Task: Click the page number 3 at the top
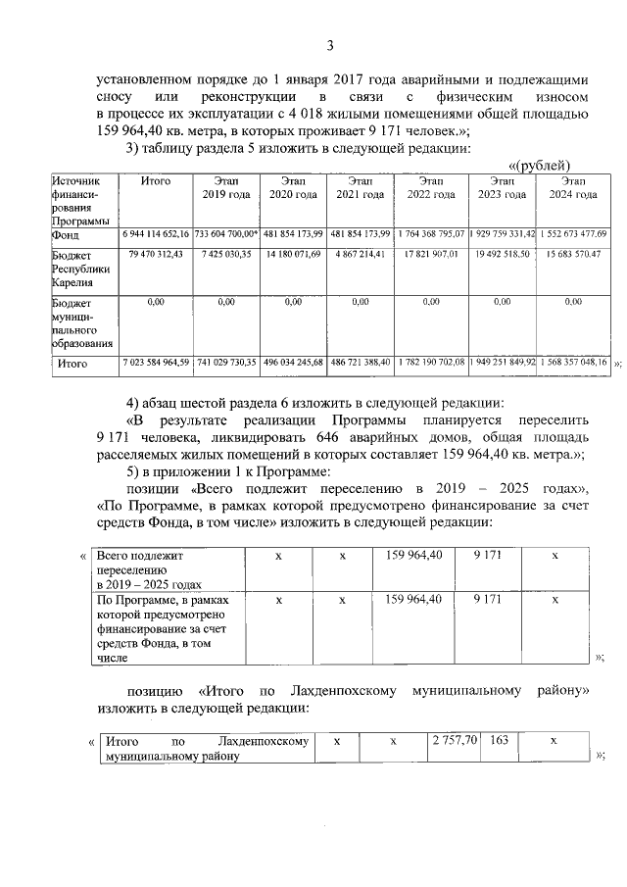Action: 330,45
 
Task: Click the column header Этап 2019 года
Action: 227,188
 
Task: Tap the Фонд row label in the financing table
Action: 67,235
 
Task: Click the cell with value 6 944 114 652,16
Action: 156,235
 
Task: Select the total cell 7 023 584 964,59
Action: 156,363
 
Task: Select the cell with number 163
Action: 499,742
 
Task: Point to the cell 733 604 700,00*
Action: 226,235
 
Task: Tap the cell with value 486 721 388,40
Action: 360,363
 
